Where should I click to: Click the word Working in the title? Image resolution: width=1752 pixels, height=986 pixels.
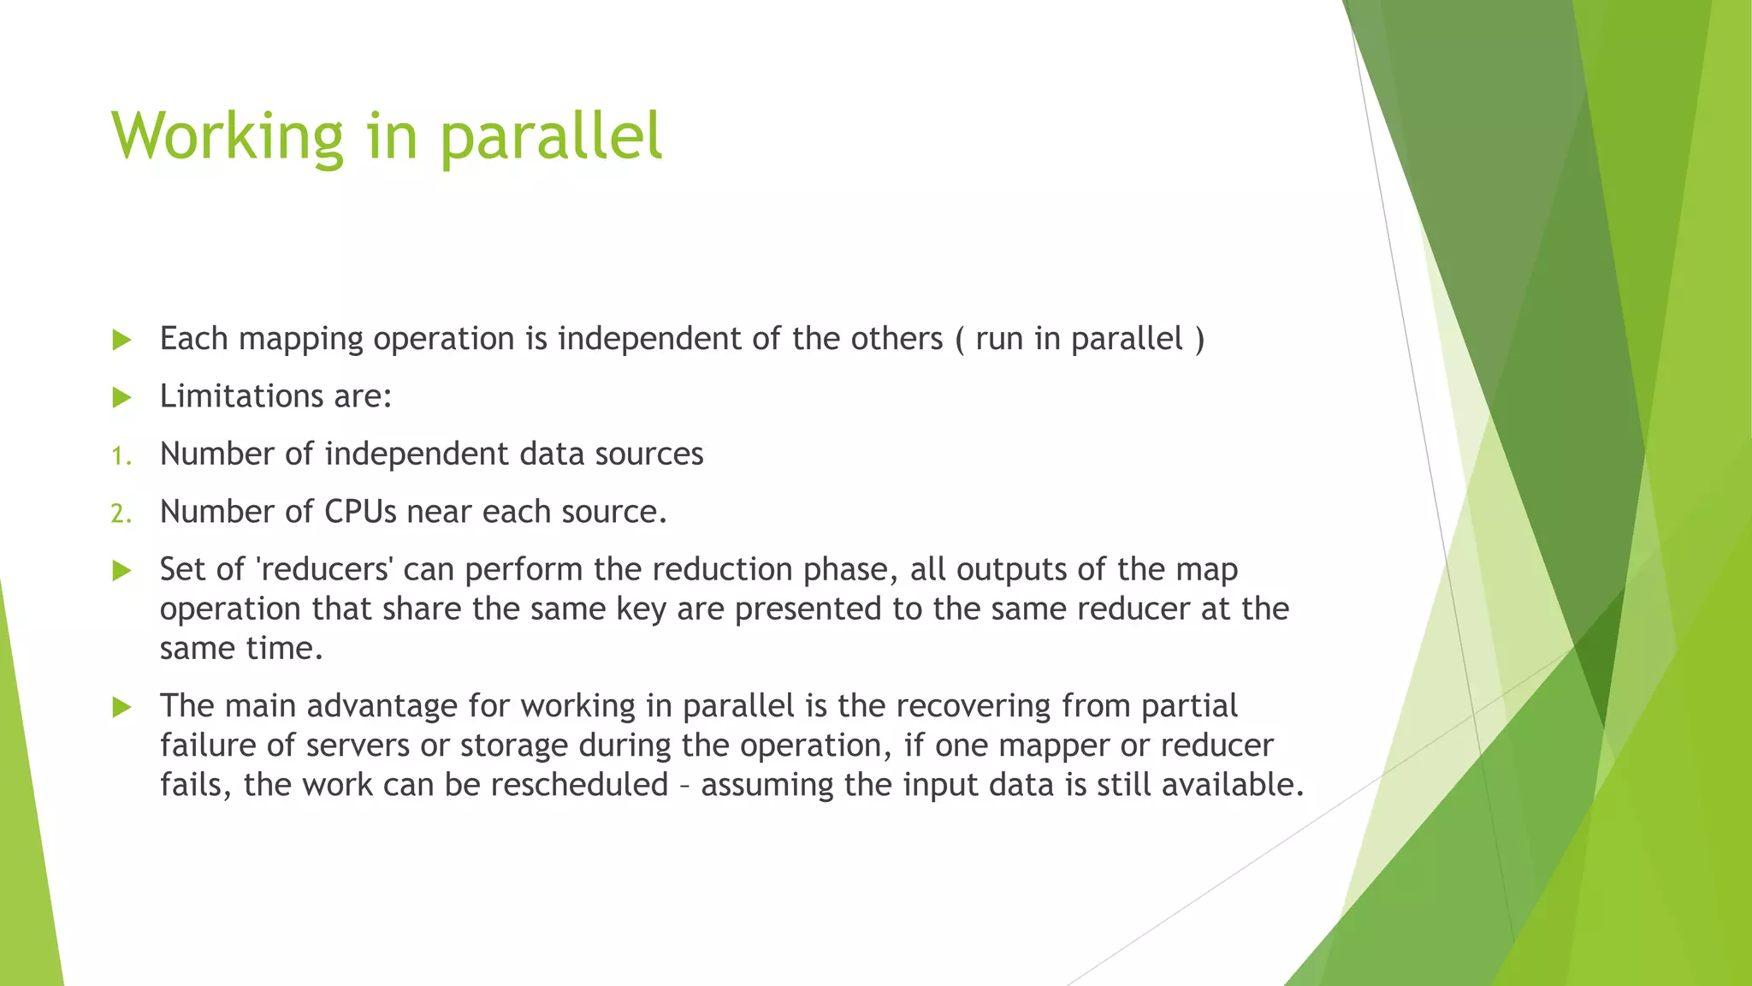227,137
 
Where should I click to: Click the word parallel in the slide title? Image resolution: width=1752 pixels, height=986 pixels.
551,137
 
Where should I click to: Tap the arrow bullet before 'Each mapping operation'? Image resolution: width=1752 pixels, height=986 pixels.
121,341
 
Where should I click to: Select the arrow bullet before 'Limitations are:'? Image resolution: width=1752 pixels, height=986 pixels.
121,398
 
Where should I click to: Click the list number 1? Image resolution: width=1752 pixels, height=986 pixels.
121,456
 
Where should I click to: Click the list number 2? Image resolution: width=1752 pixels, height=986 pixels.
121,514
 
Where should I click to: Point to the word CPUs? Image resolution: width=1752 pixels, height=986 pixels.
360,512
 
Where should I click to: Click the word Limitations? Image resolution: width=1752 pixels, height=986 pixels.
240,396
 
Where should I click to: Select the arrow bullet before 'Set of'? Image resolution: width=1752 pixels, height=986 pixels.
121,571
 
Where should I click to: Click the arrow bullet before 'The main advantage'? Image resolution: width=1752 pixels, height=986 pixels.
121,708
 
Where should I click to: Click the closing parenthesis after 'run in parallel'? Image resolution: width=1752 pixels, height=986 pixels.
1199,339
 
